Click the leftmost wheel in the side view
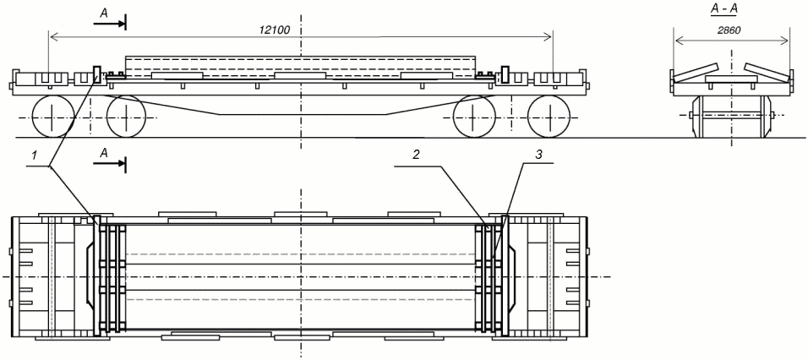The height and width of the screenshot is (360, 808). (52, 117)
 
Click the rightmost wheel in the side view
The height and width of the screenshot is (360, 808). (549, 117)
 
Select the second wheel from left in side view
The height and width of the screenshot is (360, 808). (127, 117)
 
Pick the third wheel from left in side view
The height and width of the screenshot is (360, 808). (474, 117)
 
